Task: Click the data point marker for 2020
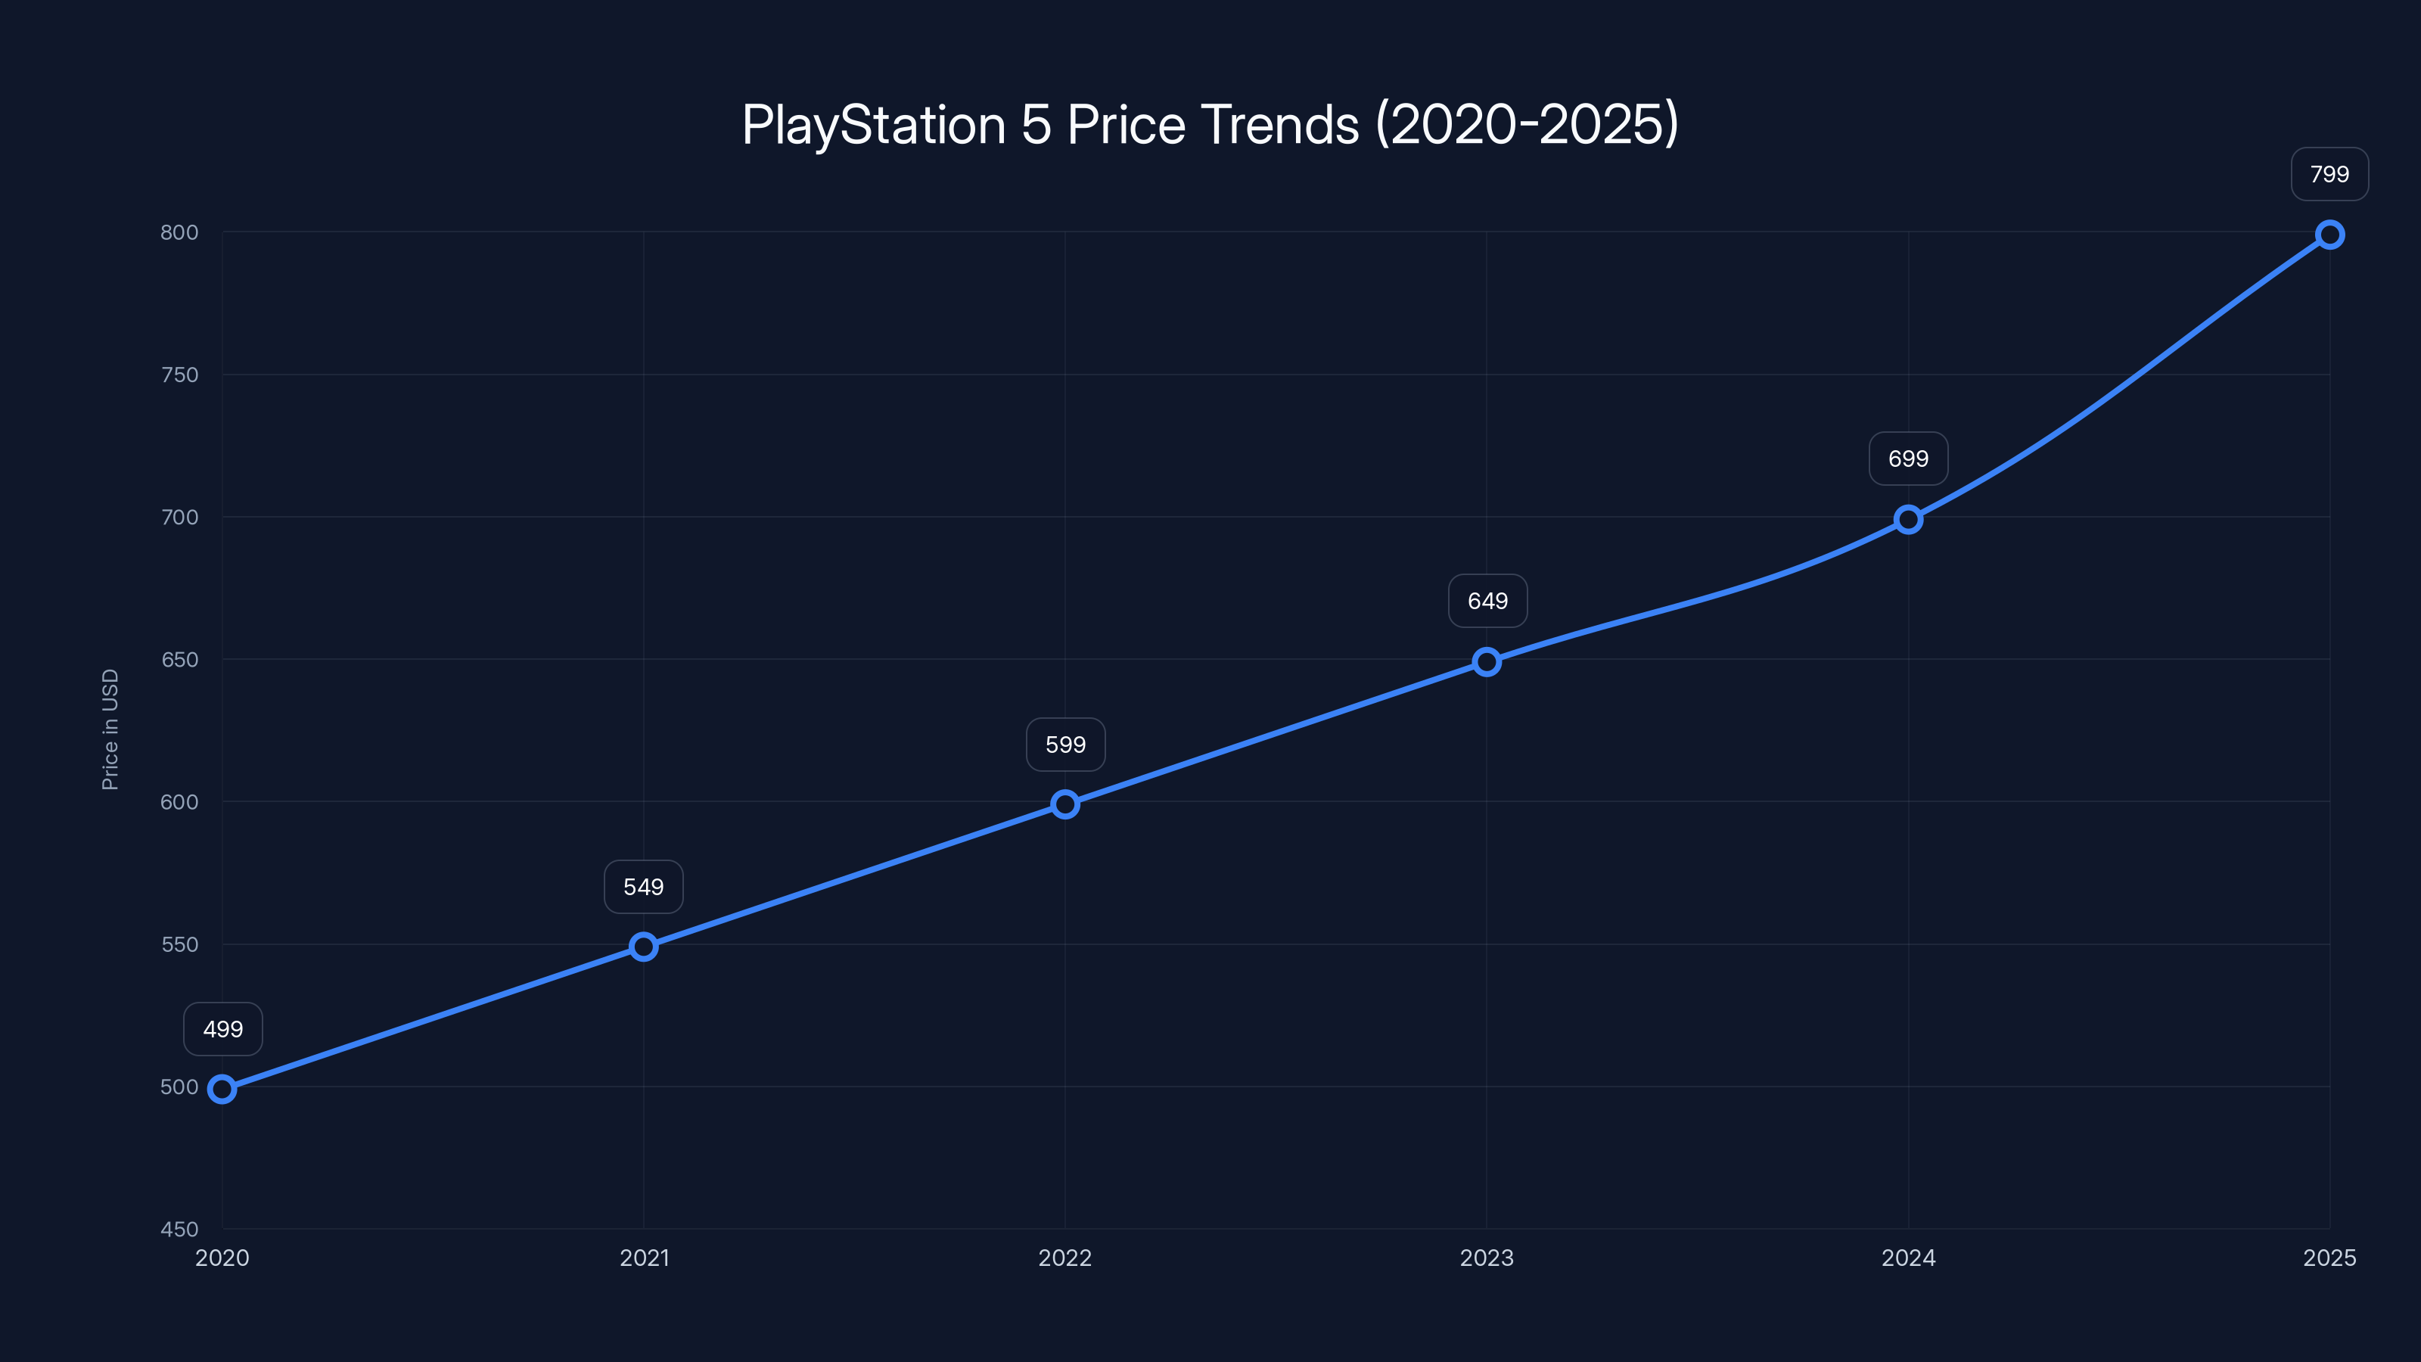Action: [x=222, y=1090]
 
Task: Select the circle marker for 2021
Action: [x=644, y=947]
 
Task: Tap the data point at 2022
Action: [x=1064, y=804]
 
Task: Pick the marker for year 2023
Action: [x=1487, y=662]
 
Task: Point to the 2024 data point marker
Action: [x=1908, y=519]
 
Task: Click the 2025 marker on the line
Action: [x=2329, y=234]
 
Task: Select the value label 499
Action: [x=222, y=1029]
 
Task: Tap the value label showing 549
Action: [x=644, y=886]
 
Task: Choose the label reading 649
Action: [x=1487, y=601]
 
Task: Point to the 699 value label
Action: [x=1908, y=459]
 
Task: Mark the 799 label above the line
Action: [x=2329, y=174]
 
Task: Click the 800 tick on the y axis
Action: [x=179, y=232]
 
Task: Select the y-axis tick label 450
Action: [x=179, y=1229]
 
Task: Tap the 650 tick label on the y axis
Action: [x=179, y=659]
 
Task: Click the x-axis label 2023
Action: [x=1487, y=1258]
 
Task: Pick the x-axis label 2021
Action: [x=644, y=1258]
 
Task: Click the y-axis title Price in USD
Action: [x=110, y=729]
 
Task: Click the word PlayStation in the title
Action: [x=873, y=125]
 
